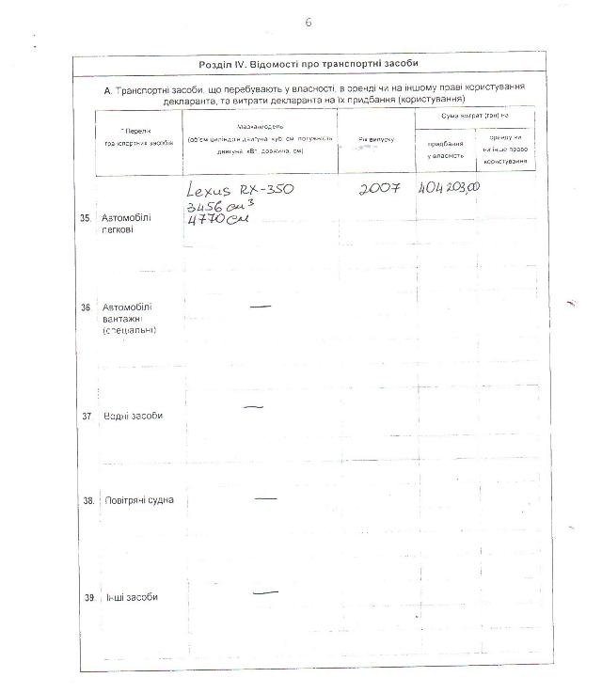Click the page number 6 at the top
click(308, 22)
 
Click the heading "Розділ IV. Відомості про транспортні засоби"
click(309, 64)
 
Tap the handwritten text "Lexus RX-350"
click(241, 190)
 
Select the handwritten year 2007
click(379, 188)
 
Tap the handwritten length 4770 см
click(215, 222)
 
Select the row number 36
click(87, 307)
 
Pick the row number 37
click(87, 416)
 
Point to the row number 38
click(87, 501)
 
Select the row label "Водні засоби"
click(133, 416)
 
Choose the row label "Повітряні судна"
click(138, 501)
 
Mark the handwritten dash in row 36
click(261, 306)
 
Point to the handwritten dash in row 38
click(265, 496)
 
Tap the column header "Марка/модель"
click(255, 126)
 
